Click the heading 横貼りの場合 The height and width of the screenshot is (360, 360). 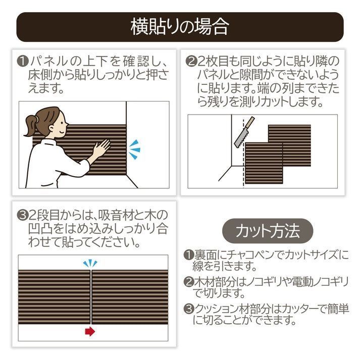pos(180,26)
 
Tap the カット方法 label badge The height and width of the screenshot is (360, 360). pos(268,231)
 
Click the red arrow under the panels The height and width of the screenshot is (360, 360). pos(90,332)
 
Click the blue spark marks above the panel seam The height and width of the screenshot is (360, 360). pos(90,263)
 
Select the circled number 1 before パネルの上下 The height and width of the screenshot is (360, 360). pos(22,62)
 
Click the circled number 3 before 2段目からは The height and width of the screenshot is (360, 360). pos(22,215)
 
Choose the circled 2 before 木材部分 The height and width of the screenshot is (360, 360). pos(188,282)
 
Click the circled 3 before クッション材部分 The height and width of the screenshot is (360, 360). pos(188,308)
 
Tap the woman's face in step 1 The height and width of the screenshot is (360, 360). pos(56,124)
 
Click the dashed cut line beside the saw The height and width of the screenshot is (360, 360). pos(245,146)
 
